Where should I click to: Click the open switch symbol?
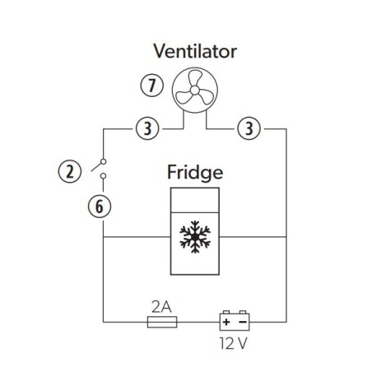(101, 168)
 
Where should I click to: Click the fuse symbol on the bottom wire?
(160, 323)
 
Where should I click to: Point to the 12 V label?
(233, 342)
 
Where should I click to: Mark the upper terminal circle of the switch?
(101, 160)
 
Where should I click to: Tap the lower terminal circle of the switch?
(101, 176)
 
